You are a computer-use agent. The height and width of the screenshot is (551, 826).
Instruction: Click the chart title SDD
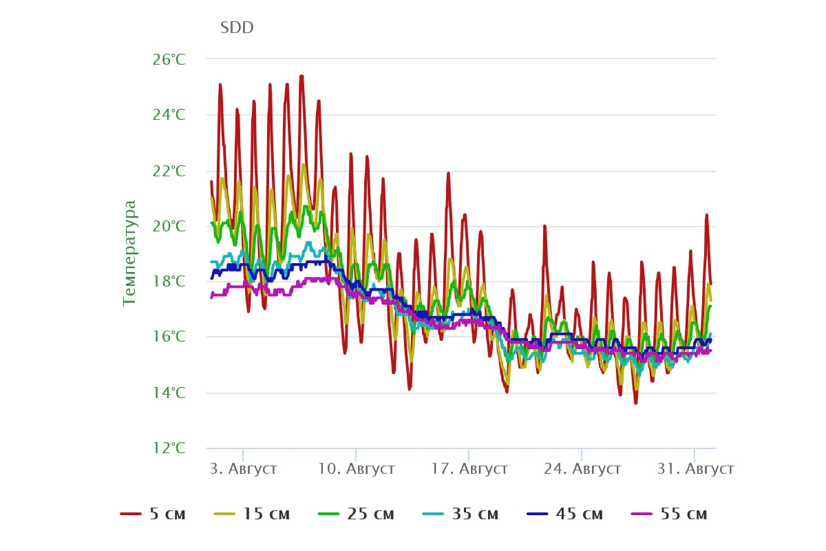tap(237, 28)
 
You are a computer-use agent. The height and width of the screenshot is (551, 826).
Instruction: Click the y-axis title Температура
tap(129, 253)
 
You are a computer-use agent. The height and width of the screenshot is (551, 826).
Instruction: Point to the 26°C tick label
tap(169, 59)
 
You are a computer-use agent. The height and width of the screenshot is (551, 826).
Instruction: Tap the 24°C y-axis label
tap(169, 115)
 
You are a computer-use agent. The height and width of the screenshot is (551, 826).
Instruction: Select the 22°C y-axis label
tap(169, 171)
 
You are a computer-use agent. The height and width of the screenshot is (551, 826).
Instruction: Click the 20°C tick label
tap(169, 226)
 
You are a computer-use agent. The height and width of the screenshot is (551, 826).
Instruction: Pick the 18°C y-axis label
tap(169, 282)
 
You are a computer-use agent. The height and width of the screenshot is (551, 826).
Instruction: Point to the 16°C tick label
tap(169, 337)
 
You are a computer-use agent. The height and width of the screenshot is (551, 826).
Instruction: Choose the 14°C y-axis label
tap(169, 393)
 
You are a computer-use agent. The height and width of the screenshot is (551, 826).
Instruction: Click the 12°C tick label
tap(169, 448)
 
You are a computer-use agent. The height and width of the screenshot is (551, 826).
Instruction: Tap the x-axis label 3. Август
tap(244, 469)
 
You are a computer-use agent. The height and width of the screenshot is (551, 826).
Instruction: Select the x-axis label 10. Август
tap(357, 469)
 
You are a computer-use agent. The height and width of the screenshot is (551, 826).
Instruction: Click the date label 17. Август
tap(469, 469)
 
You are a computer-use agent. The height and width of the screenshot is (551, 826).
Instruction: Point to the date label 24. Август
tap(582, 469)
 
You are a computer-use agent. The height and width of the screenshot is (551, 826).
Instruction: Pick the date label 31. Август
tap(695, 469)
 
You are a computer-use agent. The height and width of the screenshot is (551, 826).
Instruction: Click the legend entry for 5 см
tap(153, 514)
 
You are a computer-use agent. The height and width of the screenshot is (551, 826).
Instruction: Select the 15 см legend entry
tap(252, 514)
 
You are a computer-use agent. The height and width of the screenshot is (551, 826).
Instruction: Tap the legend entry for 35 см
tap(460, 514)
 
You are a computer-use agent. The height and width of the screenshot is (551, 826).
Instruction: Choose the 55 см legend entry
tap(669, 514)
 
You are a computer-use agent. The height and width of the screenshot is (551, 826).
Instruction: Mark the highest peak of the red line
tap(301, 76)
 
